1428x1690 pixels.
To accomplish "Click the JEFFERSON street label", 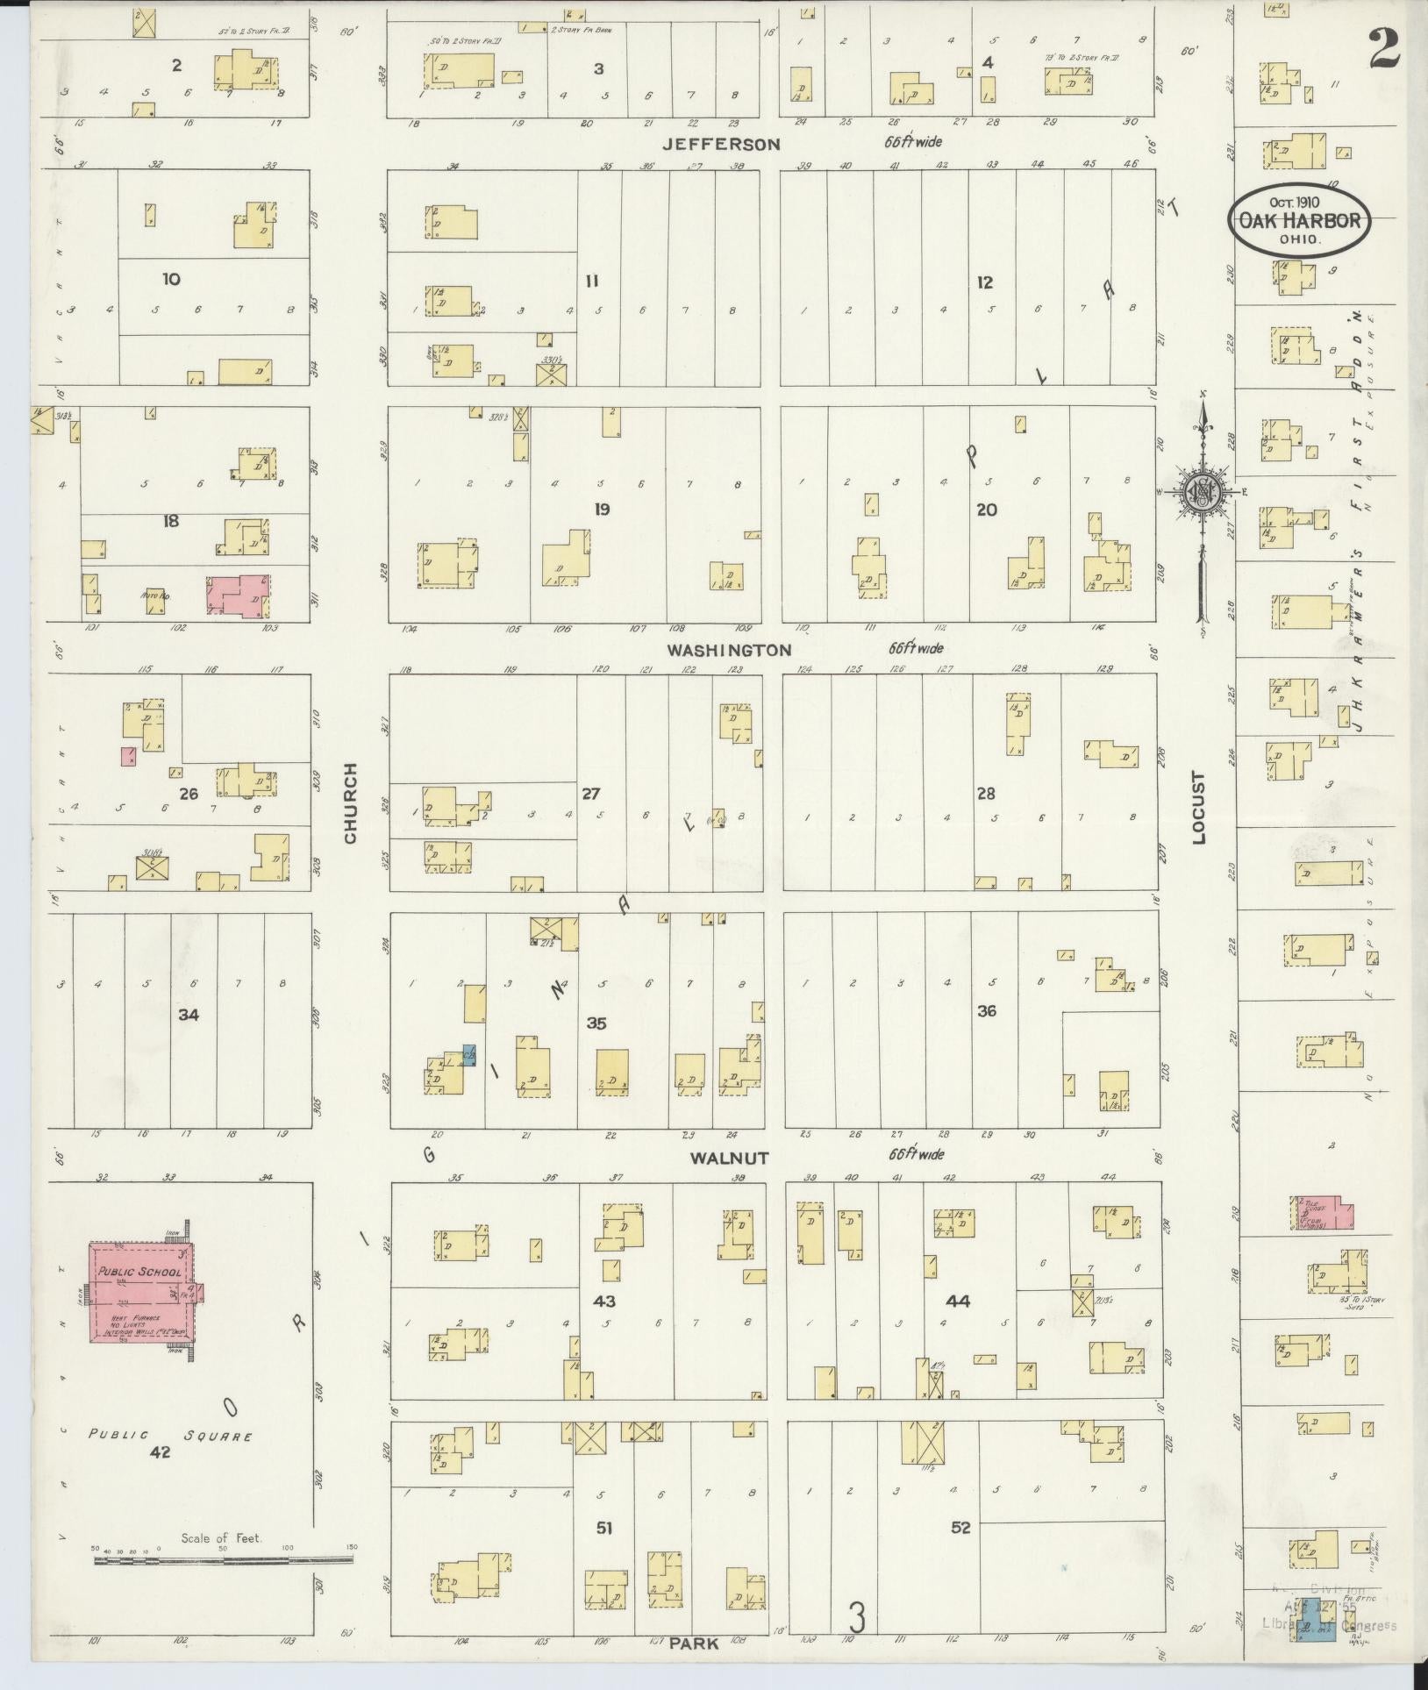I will click(721, 144).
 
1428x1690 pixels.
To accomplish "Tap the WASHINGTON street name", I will click(729, 650).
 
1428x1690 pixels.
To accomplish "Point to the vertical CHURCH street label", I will click(351, 803).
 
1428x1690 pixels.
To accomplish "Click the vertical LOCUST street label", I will click(1199, 808).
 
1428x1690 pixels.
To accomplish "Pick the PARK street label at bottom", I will click(694, 1644).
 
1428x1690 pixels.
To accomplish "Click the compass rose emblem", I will click(1197, 495).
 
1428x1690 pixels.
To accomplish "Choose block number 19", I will click(601, 509).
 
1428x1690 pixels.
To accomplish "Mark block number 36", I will click(987, 1010).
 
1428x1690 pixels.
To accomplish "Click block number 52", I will click(960, 1527).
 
